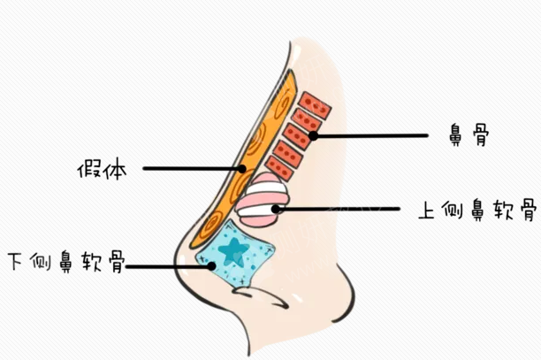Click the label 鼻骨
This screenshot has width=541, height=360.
469,135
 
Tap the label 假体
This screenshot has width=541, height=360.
103,169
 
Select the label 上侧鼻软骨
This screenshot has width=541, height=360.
478,210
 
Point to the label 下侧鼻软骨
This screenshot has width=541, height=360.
66,262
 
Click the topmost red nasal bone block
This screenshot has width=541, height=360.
315,105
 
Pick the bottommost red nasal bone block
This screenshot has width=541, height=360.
278,168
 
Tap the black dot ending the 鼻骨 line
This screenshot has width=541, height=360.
313,135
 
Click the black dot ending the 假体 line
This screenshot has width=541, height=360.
242,169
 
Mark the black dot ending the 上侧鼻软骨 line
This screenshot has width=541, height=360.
276,209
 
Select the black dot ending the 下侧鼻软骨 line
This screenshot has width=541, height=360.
211,266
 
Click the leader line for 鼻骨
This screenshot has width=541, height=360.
370,135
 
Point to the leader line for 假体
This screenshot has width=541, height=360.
193,169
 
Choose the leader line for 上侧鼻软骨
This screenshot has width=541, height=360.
338,209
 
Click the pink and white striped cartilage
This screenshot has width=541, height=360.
262,200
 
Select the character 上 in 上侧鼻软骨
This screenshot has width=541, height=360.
427,210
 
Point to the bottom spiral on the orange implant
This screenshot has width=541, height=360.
211,223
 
